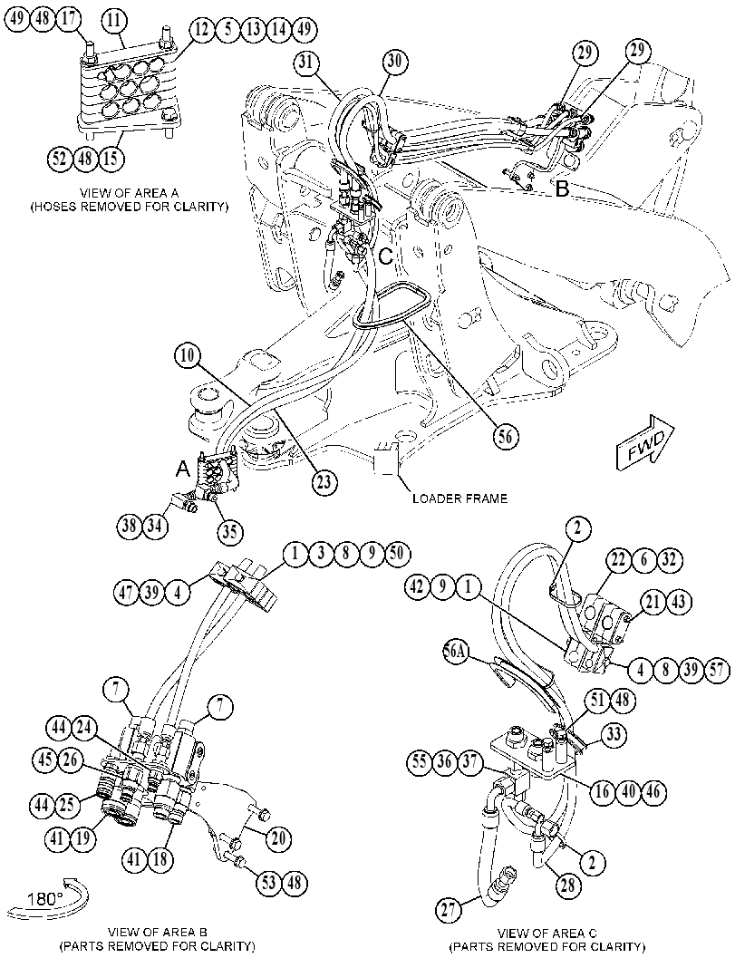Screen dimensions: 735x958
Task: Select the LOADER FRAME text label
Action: coord(459,498)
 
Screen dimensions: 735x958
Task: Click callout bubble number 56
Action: coord(508,437)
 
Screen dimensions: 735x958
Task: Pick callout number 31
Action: coord(310,63)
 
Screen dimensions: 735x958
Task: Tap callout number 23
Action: coord(324,482)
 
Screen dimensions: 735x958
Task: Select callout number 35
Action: coord(229,531)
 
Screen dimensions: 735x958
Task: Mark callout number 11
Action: coord(113,21)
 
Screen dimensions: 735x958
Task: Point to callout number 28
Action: coord(568,885)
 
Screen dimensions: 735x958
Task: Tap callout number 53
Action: coord(269,882)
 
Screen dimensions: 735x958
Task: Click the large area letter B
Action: coord(562,189)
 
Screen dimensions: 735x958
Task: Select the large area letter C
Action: coord(385,256)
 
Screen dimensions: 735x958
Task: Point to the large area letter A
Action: coord(182,469)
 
